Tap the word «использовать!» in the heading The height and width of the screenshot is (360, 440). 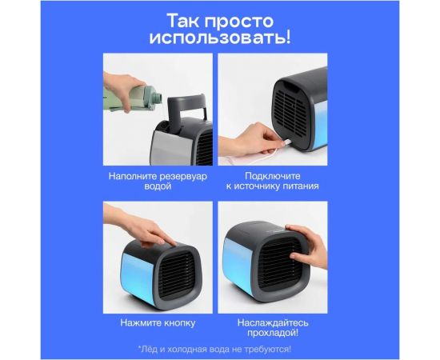tap(219, 37)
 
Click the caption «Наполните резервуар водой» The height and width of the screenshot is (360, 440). tap(158, 179)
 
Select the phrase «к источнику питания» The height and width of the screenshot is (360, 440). tap(272, 186)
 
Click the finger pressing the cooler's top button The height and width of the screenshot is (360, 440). tap(164, 238)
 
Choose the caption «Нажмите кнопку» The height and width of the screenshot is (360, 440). tap(158, 322)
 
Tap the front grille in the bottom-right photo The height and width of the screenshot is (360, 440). tap(270, 264)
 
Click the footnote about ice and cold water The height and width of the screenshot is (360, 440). tap(216, 349)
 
